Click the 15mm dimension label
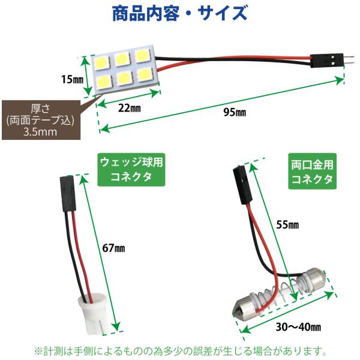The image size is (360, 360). (73, 79)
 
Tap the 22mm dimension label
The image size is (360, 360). (129, 108)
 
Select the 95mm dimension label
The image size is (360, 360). (235, 112)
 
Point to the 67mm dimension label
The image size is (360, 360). (113, 248)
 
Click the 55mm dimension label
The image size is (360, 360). (287, 224)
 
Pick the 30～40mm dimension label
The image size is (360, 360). (298, 327)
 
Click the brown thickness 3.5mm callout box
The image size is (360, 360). (41, 120)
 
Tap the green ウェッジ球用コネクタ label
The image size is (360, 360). (131, 170)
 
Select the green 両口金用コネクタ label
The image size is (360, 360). (312, 171)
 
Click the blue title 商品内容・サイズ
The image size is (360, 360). (180, 14)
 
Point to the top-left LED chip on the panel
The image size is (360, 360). (102, 62)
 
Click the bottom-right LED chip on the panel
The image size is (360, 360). (145, 74)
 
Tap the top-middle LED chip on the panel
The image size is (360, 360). (122, 59)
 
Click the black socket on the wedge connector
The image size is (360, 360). (68, 194)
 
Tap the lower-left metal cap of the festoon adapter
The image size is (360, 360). (245, 307)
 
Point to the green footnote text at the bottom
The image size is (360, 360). (181, 350)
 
